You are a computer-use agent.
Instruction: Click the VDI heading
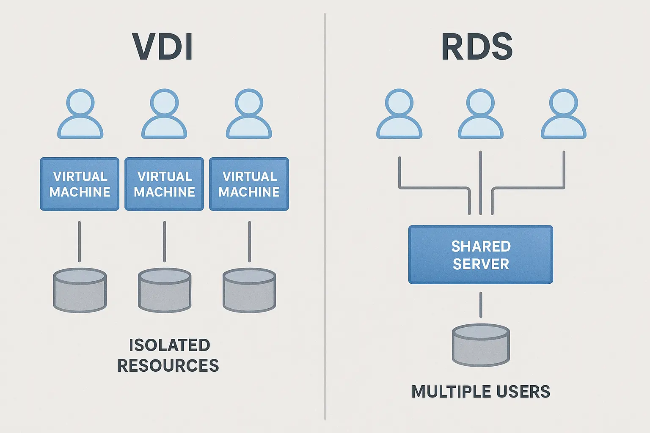163,47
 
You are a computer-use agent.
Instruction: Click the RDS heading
477,47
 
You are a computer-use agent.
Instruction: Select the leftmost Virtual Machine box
80,184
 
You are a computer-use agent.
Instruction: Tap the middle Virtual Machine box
164,184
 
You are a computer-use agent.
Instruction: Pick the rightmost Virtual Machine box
249,184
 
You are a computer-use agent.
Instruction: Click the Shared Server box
480,255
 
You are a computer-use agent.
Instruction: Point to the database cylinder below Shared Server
481,345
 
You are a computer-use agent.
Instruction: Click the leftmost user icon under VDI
80,114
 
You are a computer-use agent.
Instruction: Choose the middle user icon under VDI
164,114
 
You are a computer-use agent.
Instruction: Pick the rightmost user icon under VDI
249,114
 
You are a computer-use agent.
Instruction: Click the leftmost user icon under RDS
399,114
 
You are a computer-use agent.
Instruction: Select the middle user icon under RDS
480,114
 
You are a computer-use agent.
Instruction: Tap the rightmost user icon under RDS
563,114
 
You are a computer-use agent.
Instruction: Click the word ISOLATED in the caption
169,345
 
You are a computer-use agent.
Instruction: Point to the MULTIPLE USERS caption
481,392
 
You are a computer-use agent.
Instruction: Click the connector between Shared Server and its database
481,304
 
